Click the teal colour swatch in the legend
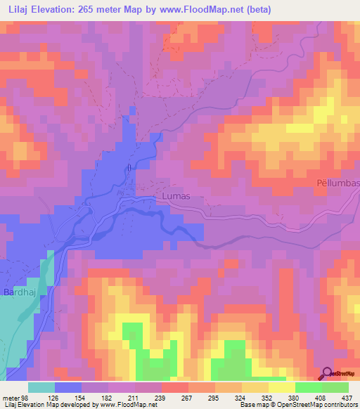point(41,387)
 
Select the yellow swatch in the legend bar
point(281,387)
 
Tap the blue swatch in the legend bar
point(68,387)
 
